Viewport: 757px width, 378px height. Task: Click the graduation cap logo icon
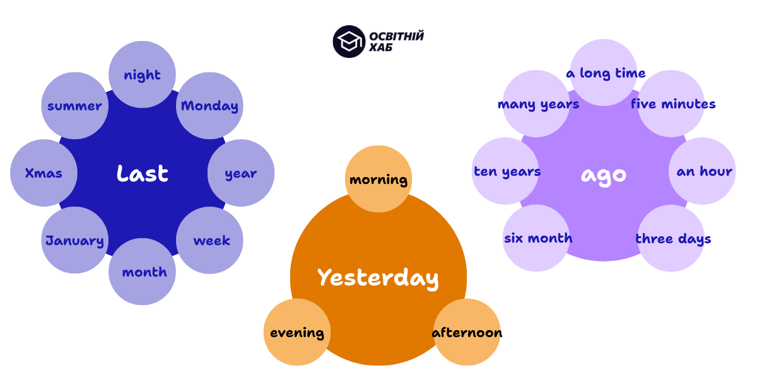[x=349, y=42]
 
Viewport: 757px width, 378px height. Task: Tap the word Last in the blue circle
[x=143, y=173]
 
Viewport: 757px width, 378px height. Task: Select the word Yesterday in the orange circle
[x=378, y=277]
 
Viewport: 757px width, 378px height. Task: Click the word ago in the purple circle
[x=604, y=174]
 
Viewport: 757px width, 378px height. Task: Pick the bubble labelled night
[x=143, y=74]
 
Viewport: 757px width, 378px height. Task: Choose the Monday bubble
[x=209, y=105]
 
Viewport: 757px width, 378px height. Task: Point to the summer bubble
[x=74, y=105]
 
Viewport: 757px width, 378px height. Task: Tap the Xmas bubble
[x=44, y=173]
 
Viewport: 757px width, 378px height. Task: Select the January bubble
[x=74, y=240]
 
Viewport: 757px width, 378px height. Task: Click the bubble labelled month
[x=144, y=272]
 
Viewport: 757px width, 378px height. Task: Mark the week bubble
[x=211, y=240]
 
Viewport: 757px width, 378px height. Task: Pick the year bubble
[x=241, y=173]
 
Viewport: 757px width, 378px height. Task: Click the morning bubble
[x=378, y=179]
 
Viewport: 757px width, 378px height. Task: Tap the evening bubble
[x=297, y=332]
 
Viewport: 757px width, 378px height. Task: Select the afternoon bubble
[x=467, y=332]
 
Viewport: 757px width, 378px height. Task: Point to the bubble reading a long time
[x=605, y=72]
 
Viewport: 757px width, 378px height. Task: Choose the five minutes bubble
[x=673, y=103]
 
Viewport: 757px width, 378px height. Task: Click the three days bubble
[x=672, y=238]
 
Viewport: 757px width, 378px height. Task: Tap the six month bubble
[x=537, y=238]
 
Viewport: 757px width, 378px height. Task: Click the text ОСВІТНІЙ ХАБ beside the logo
[x=396, y=42]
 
